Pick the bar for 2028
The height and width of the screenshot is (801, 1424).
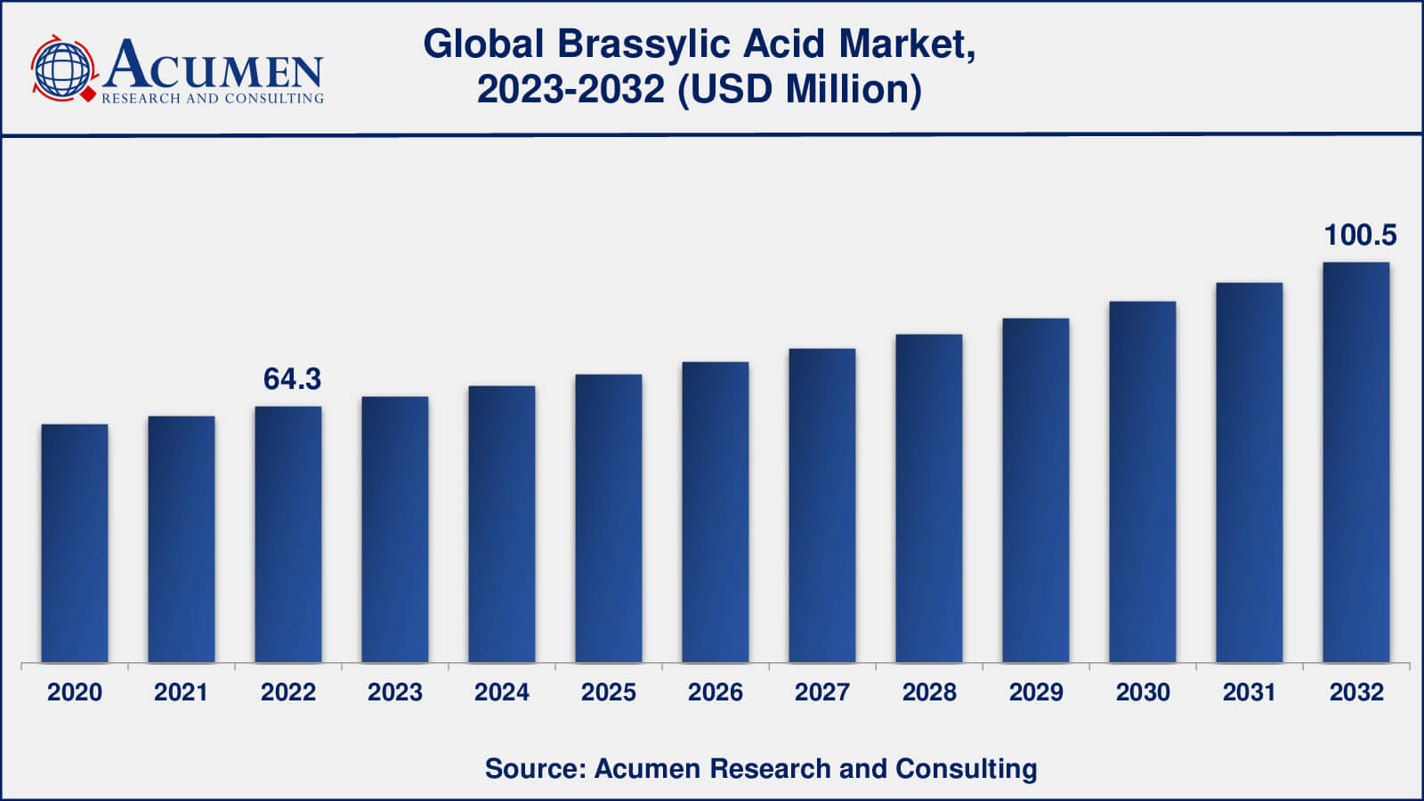[929, 498]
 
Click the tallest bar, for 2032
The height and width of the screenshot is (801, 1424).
[1356, 463]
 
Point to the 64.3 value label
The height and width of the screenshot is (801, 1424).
[292, 379]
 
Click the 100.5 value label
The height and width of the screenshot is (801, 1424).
[1360, 235]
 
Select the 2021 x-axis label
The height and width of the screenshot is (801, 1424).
[181, 692]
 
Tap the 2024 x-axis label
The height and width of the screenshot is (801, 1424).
[502, 692]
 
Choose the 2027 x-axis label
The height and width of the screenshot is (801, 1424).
[822, 692]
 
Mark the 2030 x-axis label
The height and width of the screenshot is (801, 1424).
[1143, 692]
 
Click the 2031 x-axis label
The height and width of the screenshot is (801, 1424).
[1250, 692]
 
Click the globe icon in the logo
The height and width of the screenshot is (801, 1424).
[62, 68]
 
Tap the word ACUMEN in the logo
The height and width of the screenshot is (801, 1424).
[214, 65]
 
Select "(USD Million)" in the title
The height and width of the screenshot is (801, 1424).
[799, 89]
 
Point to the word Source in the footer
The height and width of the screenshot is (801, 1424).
[530, 768]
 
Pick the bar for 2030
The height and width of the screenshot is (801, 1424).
[1143, 482]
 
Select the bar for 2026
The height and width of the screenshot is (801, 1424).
[716, 513]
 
